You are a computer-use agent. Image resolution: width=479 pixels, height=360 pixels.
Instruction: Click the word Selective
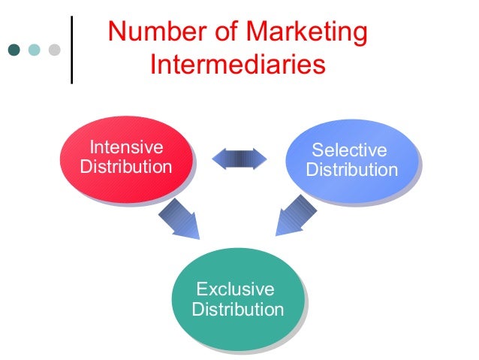349,150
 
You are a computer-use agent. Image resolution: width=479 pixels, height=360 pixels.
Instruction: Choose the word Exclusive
234,289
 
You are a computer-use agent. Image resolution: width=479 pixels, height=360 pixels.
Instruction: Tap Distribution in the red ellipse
125,166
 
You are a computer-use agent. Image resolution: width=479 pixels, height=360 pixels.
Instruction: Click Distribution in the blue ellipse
351,170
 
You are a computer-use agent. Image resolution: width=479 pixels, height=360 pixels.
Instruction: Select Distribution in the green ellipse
237,310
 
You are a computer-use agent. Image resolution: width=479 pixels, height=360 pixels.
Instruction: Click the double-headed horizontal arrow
239,158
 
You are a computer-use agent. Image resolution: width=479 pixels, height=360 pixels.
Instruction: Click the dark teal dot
14,50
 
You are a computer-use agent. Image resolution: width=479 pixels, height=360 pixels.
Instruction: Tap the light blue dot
34,50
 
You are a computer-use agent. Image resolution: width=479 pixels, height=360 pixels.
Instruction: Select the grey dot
54,50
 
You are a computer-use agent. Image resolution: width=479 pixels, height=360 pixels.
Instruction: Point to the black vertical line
72,49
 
